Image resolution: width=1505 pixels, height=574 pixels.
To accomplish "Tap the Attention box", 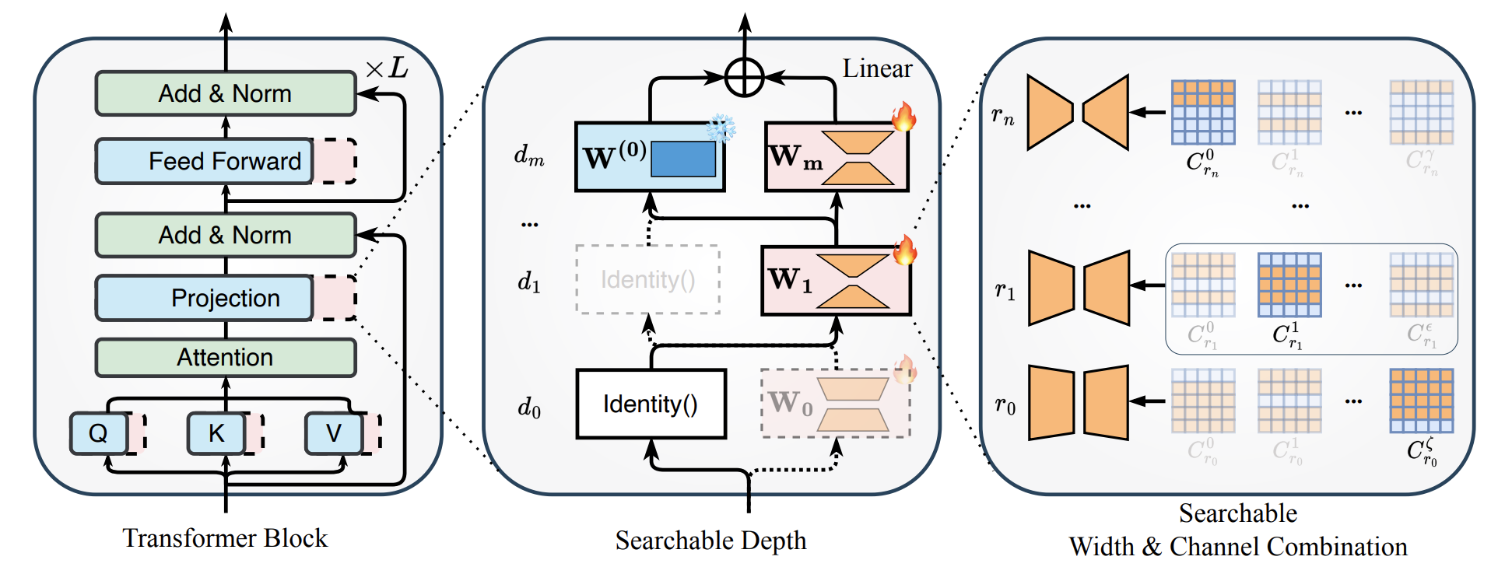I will tap(225, 357).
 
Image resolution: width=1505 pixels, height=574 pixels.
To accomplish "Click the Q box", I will tap(99, 433).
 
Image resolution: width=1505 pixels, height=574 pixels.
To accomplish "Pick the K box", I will tap(216, 433).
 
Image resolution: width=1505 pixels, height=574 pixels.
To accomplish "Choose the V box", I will tap(334, 433).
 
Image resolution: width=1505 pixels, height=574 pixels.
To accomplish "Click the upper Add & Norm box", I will tap(225, 93).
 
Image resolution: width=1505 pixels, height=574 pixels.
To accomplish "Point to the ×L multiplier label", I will tap(387, 68).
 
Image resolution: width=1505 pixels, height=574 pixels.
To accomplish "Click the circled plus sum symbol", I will tap(744, 77).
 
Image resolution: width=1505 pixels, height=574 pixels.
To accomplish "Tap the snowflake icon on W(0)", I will tap(721, 128).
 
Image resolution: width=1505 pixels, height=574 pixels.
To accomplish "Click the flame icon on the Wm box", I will tap(903, 117).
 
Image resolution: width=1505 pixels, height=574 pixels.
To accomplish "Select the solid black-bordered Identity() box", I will tap(651, 404).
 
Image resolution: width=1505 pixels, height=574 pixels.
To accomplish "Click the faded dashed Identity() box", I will tap(647, 279).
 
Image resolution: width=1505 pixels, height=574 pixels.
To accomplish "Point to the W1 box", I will tap(835, 281).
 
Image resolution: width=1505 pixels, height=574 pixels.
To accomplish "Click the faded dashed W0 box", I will tap(835, 404).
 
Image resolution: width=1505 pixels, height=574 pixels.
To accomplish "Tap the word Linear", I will tap(877, 68).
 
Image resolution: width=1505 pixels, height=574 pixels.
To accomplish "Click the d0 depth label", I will tap(529, 407).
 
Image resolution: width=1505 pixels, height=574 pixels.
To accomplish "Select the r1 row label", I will tap(1005, 291).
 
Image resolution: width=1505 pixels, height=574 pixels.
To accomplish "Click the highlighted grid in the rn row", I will tap(1203, 113).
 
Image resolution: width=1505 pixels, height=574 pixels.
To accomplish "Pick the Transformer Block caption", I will tap(225, 538).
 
